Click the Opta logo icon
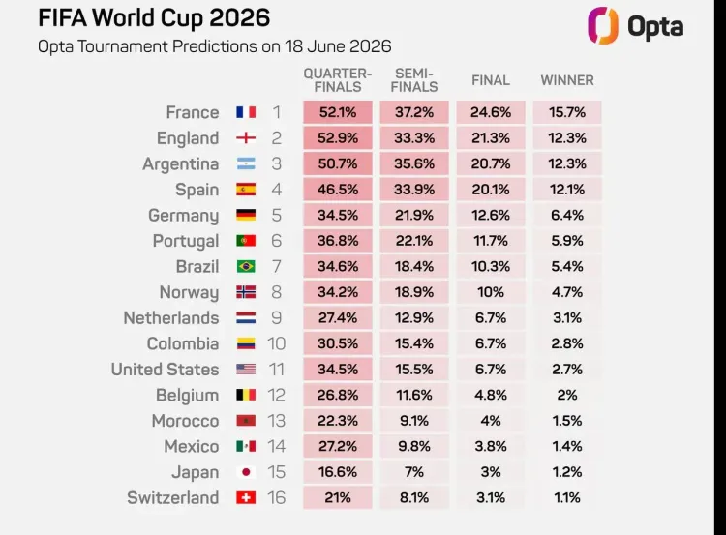click(603, 25)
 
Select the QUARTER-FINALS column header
click(338, 80)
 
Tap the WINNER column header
click(567, 80)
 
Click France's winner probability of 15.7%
click(567, 112)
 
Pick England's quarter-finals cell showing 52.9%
click(338, 138)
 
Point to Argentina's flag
click(246, 163)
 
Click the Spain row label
click(197, 190)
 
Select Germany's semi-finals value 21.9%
click(414, 215)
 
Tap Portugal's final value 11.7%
click(491, 241)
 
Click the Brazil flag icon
click(246, 267)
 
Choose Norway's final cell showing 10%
click(491, 292)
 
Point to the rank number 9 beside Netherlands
click(277, 318)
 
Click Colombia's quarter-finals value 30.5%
click(338, 343)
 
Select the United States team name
click(165, 370)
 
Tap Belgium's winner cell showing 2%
click(567, 395)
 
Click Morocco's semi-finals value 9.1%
click(414, 421)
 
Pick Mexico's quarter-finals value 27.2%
click(338, 446)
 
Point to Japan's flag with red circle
click(246, 472)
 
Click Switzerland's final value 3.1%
click(491, 497)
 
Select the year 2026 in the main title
click(239, 18)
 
